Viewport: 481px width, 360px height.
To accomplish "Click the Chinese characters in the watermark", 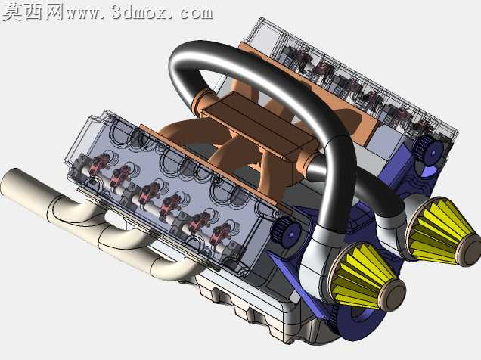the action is [33, 12].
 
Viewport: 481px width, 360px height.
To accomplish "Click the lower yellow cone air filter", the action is [367, 275].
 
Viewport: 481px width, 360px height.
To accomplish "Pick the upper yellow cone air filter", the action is [442, 232].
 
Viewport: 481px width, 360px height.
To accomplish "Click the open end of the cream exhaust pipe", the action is [9, 182].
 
